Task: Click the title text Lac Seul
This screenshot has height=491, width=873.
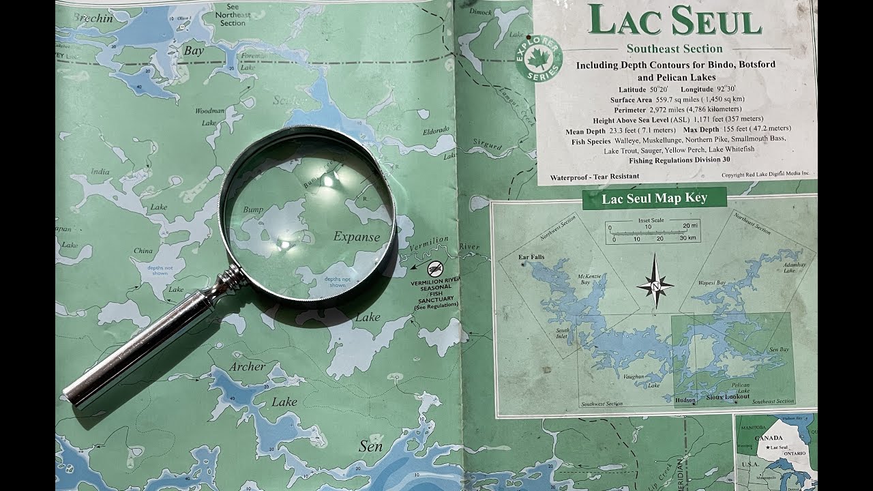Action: coord(675,20)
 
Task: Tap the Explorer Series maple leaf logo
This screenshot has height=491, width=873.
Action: coord(539,58)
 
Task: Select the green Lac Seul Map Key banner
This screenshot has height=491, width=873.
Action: coord(654,198)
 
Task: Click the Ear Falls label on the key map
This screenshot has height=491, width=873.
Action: coord(531,257)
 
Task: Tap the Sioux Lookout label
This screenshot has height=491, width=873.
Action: coord(727,396)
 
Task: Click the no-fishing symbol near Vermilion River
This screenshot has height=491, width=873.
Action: coord(435,268)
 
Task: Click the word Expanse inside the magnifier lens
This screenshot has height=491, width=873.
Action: coord(357,237)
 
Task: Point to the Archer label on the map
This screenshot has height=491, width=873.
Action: coord(247,366)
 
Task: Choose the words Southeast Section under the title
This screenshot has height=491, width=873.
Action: coord(674,48)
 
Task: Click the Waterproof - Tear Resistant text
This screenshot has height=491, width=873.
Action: coord(595,176)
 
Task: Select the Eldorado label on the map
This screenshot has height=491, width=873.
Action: coord(436,130)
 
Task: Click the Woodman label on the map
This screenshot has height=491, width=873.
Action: coord(209,110)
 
